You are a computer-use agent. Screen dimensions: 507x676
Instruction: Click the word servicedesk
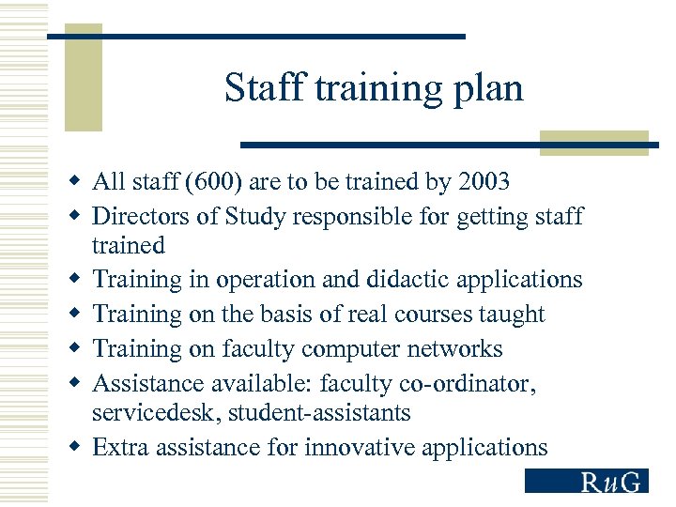(x=157, y=412)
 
